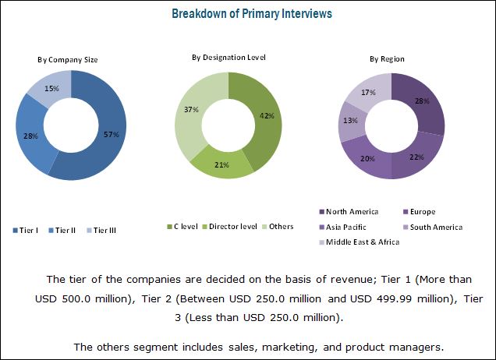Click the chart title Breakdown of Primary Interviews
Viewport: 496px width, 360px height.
tap(247, 14)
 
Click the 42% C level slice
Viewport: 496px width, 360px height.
tap(266, 117)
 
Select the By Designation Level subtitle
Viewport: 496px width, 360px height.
tap(229, 57)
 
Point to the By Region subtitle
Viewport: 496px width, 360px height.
tap(387, 59)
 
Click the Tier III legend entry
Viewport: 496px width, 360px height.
tap(104, 230)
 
